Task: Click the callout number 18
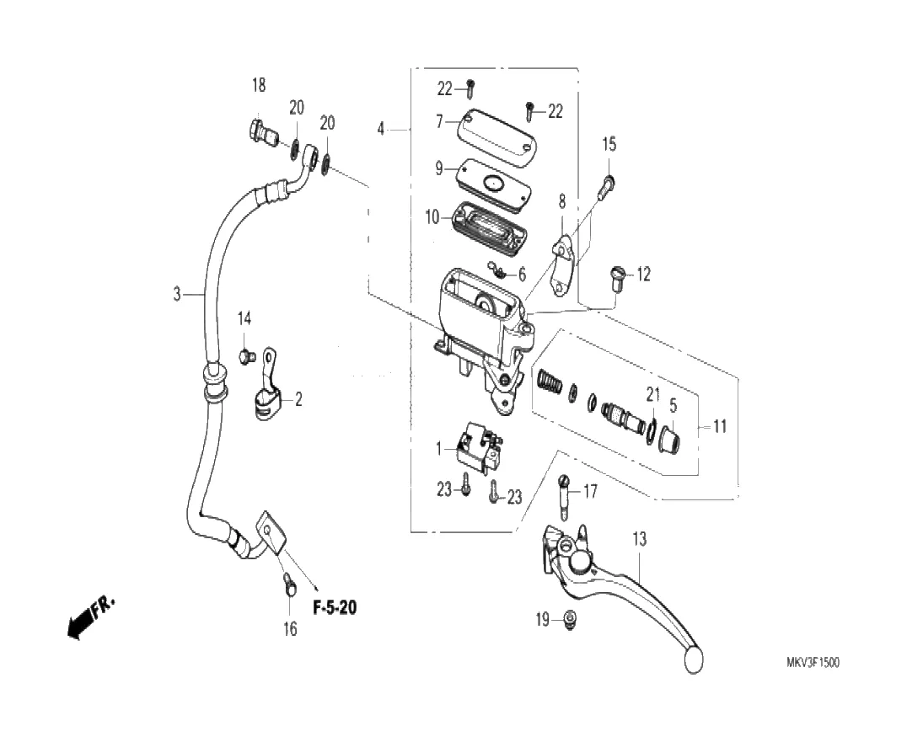point(259,85)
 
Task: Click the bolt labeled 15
point(607,186)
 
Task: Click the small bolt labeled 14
point(246,356)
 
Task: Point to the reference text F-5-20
point(335,607)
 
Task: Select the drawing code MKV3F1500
point(813,662)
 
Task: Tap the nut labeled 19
point(569,620)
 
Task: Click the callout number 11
point(719,426)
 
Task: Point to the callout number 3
point(177,294)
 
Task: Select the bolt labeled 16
point(288,585)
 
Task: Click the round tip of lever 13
point(692,659)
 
